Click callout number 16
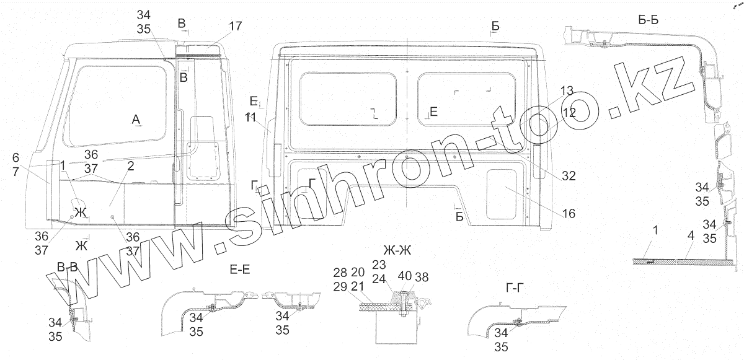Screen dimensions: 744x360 [x=569, y=214]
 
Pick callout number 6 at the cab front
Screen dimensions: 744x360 [x=16, y=157]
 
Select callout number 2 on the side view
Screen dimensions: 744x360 [x=130, y=165]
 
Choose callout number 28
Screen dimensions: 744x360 [x=340, y=273]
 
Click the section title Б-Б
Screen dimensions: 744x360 [x=648, y=20]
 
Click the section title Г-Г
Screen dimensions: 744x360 [x=517, y=287]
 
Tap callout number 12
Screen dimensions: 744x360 [x=569, y=113]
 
